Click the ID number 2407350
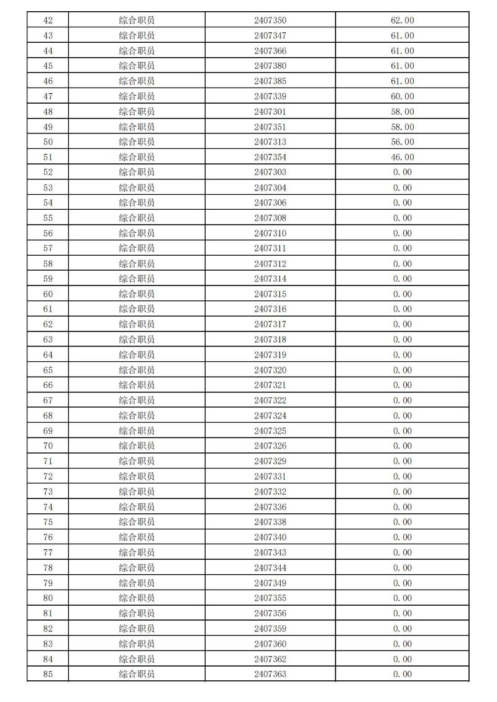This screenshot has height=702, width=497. (270, 20)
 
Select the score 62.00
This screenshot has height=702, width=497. (403, 20)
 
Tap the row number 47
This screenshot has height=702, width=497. (48, 96)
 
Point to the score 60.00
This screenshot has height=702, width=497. (403, 96)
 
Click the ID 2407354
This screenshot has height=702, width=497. (270, 157)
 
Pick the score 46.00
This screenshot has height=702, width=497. (403, 157)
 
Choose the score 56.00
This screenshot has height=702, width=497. (403, 142)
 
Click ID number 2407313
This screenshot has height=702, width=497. (270, 142)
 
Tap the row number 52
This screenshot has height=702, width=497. (48, 172)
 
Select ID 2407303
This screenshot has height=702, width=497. (270, 172)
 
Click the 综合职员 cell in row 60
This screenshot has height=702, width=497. (137, 294)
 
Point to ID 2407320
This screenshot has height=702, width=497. (270, 370)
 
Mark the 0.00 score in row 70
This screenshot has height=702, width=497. (403, 446)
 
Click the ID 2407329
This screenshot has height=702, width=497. (270, 461)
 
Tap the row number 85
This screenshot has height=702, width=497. (48, 674)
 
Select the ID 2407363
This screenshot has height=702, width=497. (270, 674)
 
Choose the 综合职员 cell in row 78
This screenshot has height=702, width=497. (137, 568)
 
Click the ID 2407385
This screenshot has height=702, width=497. (270, 81)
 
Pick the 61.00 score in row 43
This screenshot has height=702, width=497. (403, 35)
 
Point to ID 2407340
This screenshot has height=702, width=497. (270, 538)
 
